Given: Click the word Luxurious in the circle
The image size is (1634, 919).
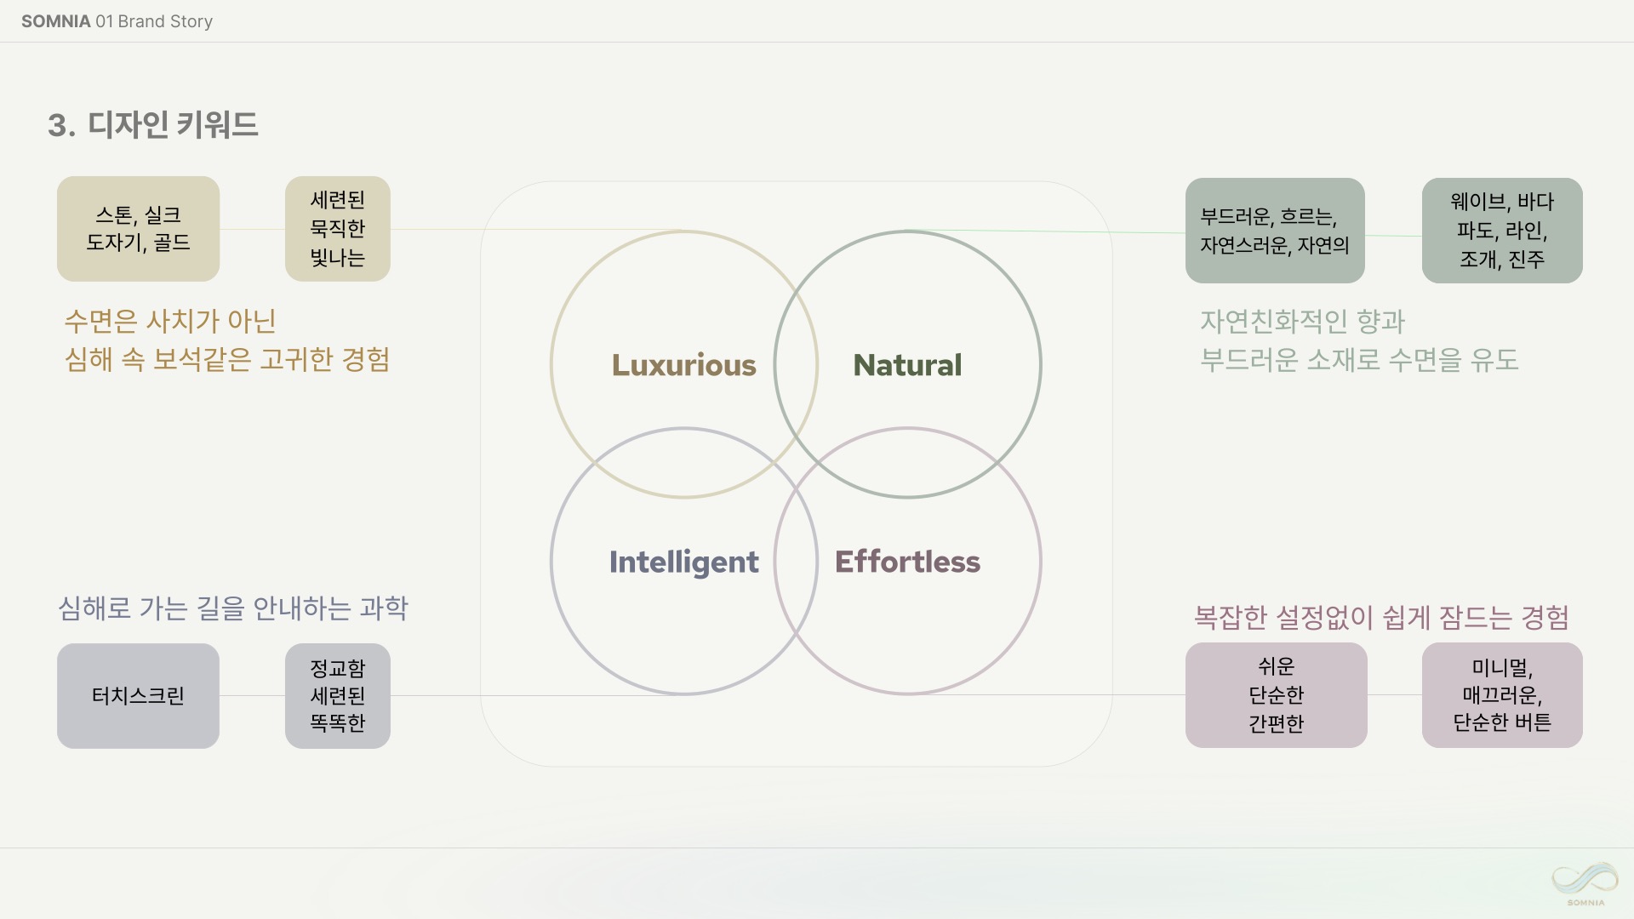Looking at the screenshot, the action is pos(683,365).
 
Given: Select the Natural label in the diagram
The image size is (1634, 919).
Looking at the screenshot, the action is pos(907,365).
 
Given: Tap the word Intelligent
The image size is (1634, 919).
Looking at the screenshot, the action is pos(683,562).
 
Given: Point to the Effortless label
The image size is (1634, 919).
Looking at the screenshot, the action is pos(907,562).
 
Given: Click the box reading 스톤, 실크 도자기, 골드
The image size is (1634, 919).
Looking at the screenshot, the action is pos(138,229).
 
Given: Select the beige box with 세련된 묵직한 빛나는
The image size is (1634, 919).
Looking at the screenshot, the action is pos(338,229).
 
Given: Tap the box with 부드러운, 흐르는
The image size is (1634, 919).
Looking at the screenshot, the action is pos(1275,231).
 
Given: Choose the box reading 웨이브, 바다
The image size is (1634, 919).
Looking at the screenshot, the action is pos(1502,231).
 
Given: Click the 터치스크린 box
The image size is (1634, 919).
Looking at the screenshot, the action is pos(138,696).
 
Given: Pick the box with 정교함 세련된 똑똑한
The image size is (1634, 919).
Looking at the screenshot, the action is pos(338,696).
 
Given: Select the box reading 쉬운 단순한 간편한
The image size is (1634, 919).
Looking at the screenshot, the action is pos(1277,695).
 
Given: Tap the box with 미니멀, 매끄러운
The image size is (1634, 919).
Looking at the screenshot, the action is pos(1502,695).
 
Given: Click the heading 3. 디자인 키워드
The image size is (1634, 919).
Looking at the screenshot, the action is pos(153,125).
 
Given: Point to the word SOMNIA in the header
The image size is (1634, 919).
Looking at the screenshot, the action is pos(55,21).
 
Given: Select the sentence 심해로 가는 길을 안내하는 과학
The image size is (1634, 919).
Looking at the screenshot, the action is pos(233,608).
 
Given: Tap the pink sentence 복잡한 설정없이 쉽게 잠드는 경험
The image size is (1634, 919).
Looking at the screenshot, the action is pos(1381,617).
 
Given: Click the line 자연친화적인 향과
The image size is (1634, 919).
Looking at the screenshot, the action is pos(1302,322).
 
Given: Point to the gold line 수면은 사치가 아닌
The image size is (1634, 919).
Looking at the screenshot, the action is pos(170,322).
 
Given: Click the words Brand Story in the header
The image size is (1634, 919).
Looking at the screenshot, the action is pos(165,21).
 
